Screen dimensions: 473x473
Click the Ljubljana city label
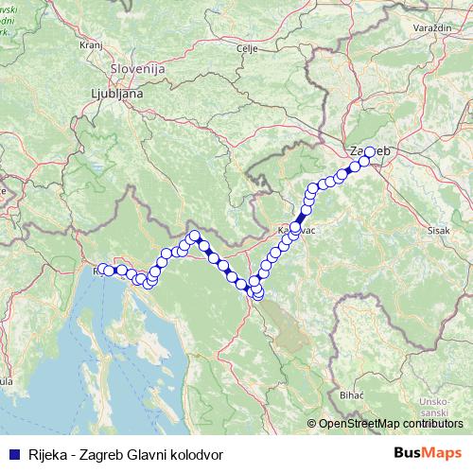pyautogui.click(x=117, y=94)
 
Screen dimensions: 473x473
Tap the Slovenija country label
pyautogui.click(x=138, y=69)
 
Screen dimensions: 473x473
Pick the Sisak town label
pyautogui.click(x=439, y=230)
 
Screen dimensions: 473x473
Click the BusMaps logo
pyautogui.click(x=429, y=453)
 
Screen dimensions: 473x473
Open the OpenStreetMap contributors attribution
pyautogui.click(x=390, y=424)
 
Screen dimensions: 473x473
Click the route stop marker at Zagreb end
pyautogui.click(x=370, y=151)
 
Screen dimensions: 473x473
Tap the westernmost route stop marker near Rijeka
pyautogui.click(x=101, y=269)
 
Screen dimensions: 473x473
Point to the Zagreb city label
pyautogui.click(x=369, y=150)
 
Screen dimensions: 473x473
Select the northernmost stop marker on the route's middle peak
pyautogui.click(x=195, y=236)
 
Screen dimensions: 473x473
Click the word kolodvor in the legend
pyautogui.click(x=194, y=453)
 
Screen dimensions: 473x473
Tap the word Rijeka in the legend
pyautogui.click(x=48, y=453)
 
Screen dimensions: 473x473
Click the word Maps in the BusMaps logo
pyautogui.click(x=442, y=453)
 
